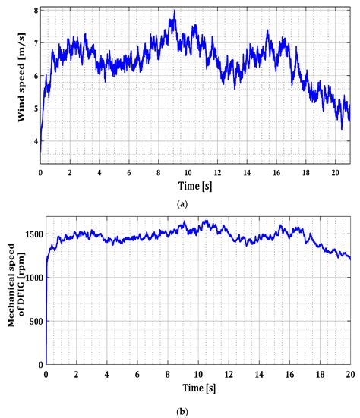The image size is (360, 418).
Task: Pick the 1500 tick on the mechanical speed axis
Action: tap(30, 235)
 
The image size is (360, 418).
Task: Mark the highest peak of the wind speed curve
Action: tap(174, 11)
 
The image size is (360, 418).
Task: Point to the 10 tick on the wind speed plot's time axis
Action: tap(188, 172)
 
